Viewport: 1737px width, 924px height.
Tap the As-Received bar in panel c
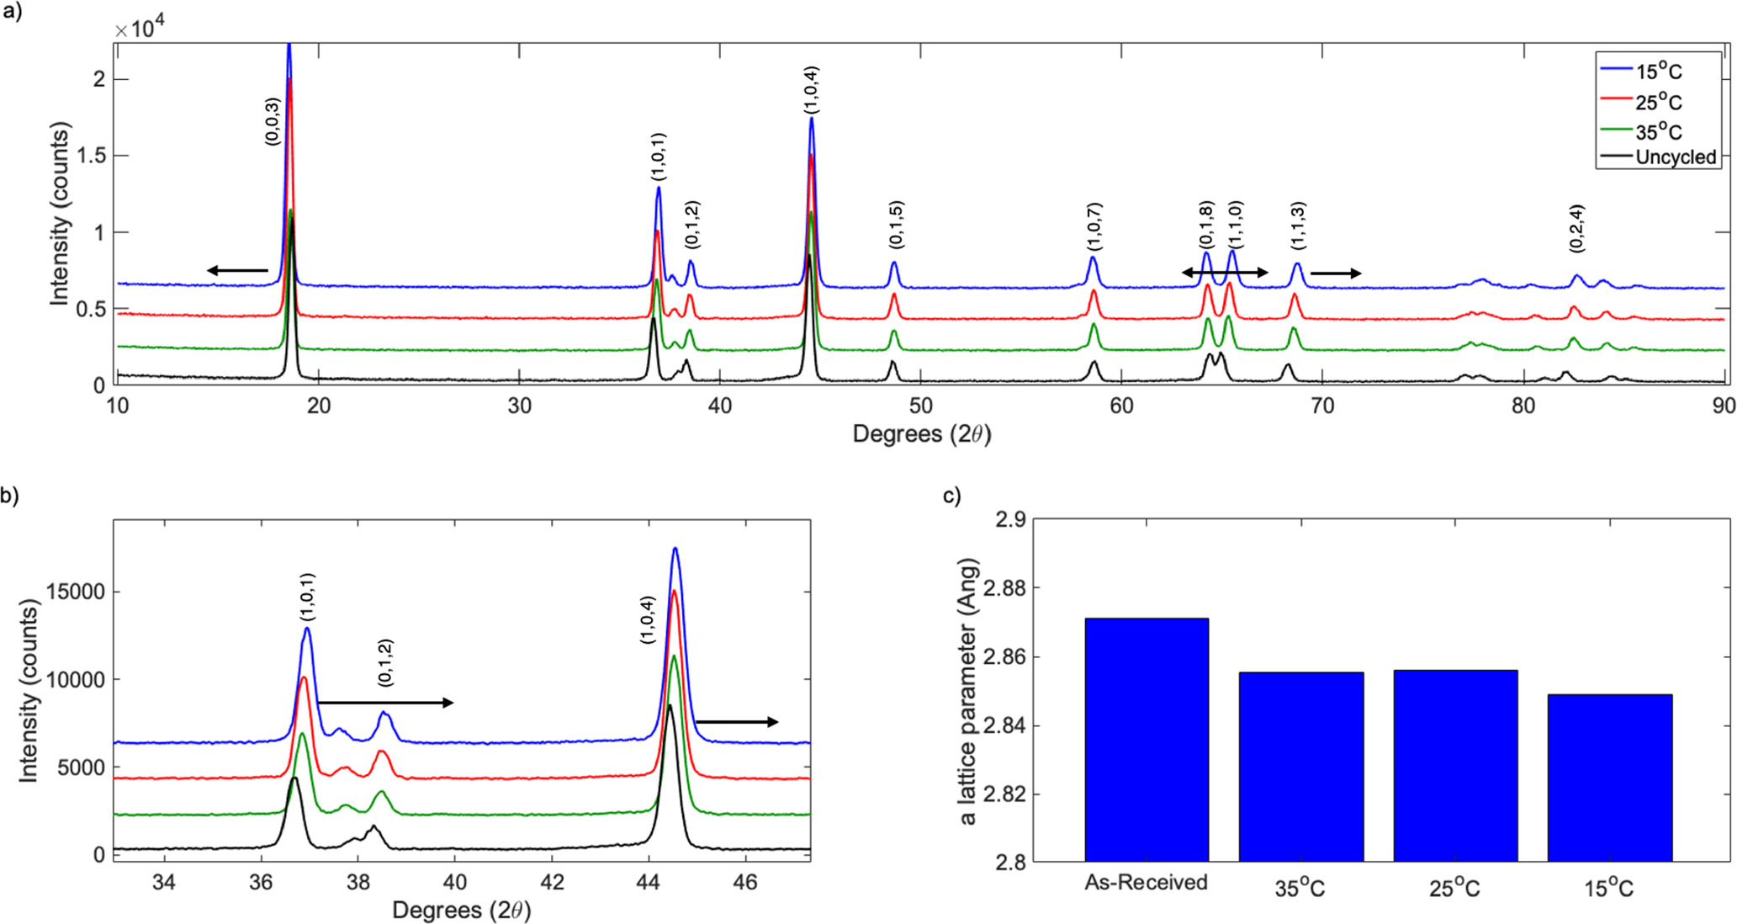coord(1147,740)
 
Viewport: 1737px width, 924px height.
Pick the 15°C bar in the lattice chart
coord(1609,778)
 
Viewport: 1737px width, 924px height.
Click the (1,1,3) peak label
coord(1299,225)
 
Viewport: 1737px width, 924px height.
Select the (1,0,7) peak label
coord(1094,226)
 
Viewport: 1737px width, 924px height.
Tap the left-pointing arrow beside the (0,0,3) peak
coord(237,270)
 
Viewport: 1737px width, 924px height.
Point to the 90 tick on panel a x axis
coord(1723,406)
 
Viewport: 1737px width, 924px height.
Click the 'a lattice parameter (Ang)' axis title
coord(968,691)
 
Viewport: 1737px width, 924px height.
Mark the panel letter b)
coord(10,496)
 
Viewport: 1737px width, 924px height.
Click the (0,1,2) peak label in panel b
coord(385,663)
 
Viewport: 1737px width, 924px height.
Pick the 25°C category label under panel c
coord(1454,888)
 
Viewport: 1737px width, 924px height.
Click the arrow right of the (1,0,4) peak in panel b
coord(736,722)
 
